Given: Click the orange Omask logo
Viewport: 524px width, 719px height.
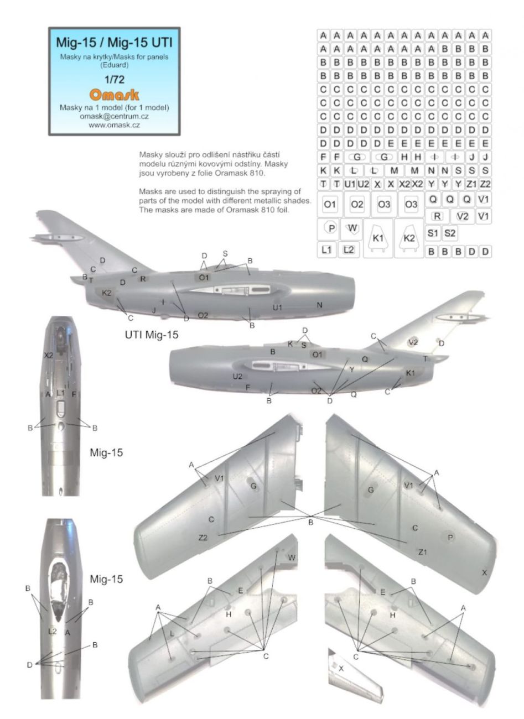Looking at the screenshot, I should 115,95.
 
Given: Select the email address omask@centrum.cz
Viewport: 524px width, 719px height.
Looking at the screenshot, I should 115,116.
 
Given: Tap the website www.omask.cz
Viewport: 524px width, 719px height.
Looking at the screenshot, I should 115,125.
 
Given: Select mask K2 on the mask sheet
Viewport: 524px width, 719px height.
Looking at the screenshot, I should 409,238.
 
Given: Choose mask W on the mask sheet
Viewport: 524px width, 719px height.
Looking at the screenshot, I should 354,227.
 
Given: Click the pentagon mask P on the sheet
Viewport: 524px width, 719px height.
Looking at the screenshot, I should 331,228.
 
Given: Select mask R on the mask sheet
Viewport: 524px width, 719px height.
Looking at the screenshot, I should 437,216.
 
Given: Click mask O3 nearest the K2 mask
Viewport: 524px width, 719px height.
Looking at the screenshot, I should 411,205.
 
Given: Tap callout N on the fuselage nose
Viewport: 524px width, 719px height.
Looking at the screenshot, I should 319,305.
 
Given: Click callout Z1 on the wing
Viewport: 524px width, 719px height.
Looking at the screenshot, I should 423,552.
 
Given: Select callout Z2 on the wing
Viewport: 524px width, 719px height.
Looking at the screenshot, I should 204,537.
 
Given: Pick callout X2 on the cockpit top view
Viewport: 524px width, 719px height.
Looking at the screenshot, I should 49,355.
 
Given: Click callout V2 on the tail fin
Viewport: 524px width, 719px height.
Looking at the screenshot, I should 413,342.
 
